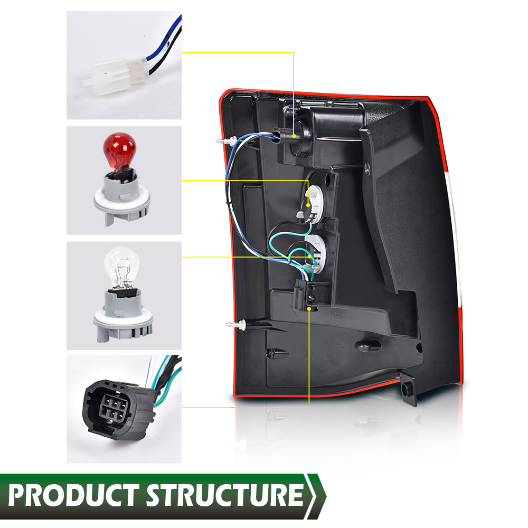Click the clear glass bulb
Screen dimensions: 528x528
121,268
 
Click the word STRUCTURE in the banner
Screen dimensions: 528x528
224,495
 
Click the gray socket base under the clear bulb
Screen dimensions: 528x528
122,315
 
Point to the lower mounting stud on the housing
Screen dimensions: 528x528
235,325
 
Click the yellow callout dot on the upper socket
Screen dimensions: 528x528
308,205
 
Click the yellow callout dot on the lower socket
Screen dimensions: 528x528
310,257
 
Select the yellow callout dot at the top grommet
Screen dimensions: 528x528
294,136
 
